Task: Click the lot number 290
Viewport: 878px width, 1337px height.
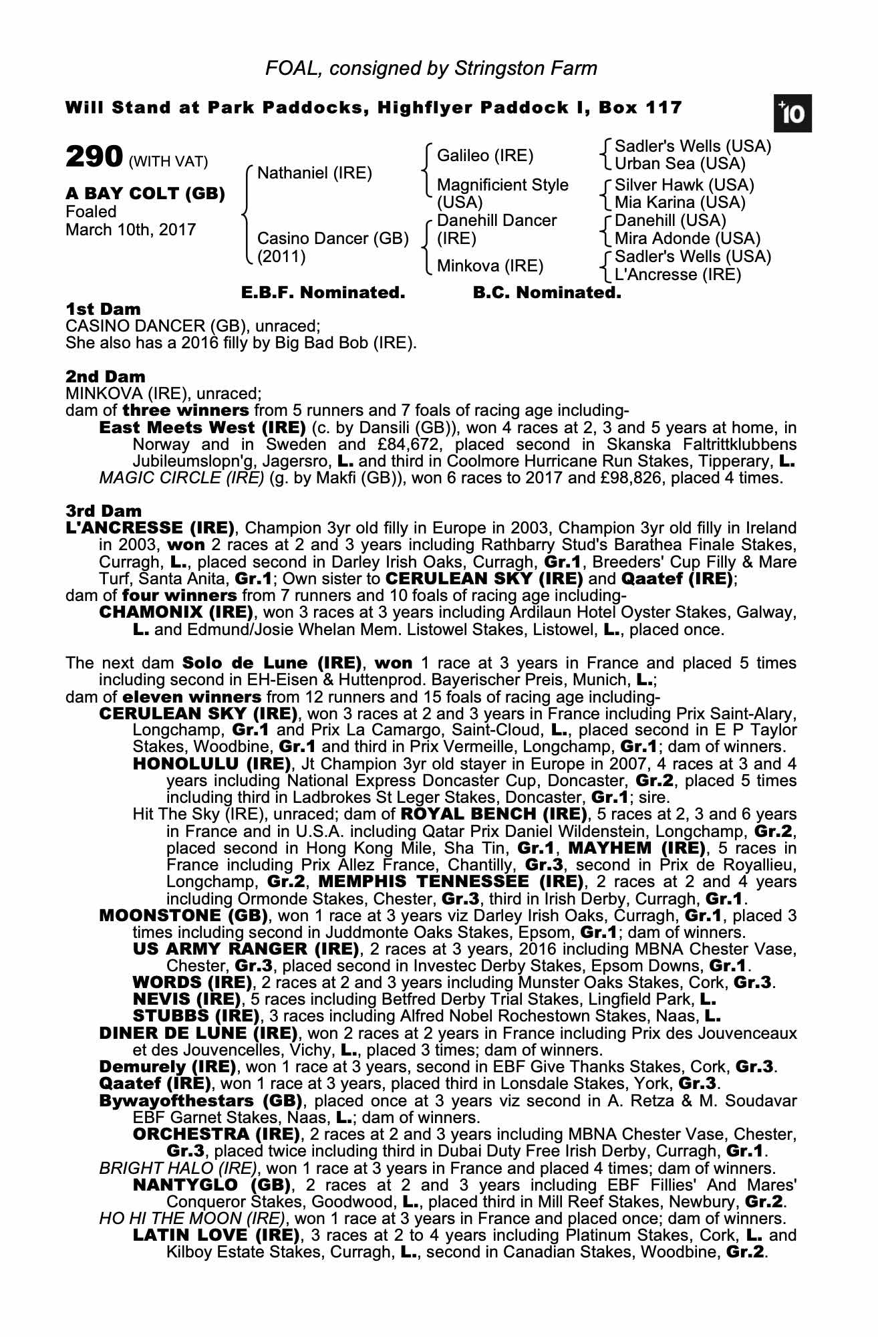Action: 94,158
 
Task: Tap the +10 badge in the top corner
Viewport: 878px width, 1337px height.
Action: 793,114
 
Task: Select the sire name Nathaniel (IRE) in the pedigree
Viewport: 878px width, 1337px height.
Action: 314,173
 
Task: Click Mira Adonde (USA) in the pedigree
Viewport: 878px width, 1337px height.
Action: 687,239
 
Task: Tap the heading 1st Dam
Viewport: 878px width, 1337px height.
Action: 103,309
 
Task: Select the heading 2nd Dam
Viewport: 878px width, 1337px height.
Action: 105,376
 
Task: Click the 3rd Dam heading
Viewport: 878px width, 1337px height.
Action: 104,511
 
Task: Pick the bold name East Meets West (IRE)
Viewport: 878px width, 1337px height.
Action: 202,427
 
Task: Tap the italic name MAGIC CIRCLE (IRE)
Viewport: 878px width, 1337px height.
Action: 181,478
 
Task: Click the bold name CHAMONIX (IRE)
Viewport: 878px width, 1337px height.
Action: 176,612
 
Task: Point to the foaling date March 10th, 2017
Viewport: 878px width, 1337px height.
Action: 131,230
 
